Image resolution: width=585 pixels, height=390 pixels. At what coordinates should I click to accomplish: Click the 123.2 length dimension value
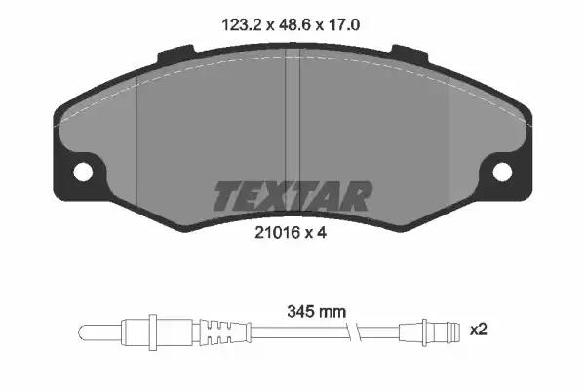[242, 25]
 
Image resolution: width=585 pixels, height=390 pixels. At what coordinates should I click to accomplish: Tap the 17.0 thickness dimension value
[343, 25]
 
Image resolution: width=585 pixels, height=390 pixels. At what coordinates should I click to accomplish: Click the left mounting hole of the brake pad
[83, 172]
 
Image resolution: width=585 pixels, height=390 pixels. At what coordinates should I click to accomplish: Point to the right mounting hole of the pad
[502, 172]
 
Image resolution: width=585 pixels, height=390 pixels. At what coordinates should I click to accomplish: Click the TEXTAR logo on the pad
[292, 196]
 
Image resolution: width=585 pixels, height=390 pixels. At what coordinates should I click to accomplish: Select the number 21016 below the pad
[278, 232]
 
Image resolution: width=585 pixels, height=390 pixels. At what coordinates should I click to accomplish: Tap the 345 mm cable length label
[316, 312]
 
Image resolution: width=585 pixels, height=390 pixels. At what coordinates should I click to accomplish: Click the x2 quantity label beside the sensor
[479, 330]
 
